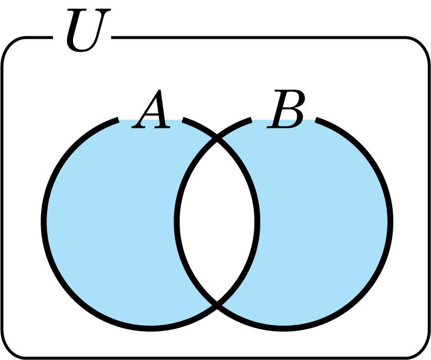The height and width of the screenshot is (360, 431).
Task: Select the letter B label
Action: pos(286,110)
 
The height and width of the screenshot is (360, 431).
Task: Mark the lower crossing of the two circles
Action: pos(217,304)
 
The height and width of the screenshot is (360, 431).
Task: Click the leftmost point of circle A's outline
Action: pos(44,222)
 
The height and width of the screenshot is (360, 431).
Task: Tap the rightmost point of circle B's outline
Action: pos(390,222)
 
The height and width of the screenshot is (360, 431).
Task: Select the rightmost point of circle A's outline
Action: pos(257,222)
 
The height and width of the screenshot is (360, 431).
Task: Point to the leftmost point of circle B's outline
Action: pos(177,222)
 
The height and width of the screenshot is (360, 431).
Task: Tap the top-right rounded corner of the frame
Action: pos(420,46)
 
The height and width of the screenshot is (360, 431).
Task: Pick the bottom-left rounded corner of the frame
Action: pos(11,349)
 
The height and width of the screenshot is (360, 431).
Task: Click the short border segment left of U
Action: pos(40,37)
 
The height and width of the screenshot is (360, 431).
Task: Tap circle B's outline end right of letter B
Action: pos(317,120)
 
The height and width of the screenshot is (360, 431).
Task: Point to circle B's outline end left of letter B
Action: pos(251,120)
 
